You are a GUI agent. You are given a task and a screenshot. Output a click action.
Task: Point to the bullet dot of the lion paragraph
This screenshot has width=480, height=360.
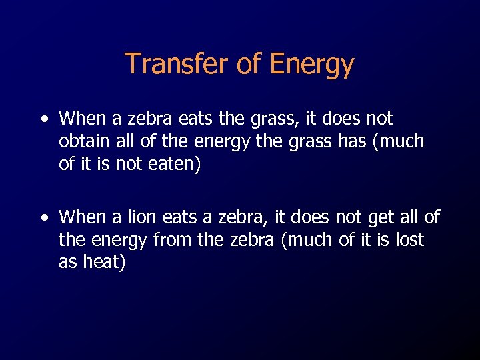44,218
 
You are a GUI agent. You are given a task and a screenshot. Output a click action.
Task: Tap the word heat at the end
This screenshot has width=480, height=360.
103,262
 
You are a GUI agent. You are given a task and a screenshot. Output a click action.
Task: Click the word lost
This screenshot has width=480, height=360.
409,239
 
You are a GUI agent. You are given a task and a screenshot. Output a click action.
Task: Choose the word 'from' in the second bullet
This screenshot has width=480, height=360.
173,239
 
